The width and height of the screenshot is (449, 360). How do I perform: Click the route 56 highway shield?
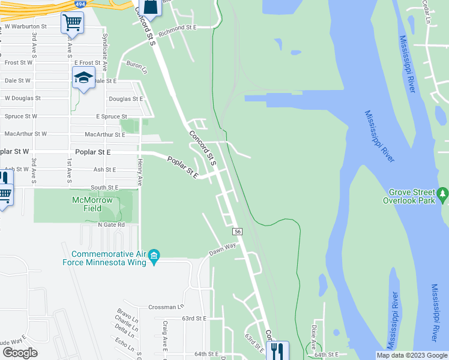coord(238,231)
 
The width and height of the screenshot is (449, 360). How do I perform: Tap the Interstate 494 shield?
coord(80,4)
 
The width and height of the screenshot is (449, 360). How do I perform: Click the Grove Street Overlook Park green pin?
coord(443,194)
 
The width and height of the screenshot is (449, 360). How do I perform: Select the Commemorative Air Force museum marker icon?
coord(154,256)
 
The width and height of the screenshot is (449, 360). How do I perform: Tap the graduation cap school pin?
coord(83,77)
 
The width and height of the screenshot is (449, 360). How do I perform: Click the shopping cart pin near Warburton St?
coord(72,23)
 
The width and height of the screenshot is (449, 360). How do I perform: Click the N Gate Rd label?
coord(112,224)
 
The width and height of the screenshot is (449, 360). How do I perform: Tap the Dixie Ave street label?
coord(313,331)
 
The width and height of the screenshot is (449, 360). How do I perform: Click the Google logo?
coord(20,353)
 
